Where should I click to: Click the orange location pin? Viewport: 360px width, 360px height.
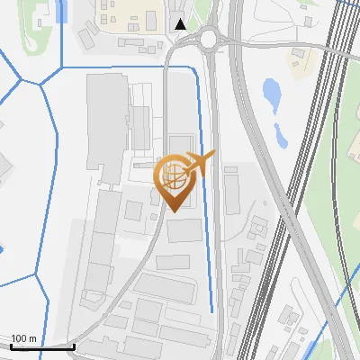(x=175, y=180)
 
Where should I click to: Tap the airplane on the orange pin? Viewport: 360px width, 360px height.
(x=195, y=163)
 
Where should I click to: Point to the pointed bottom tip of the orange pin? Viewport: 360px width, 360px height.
(x=174, y=212)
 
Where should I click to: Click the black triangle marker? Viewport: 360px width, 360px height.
(x=182, y=24)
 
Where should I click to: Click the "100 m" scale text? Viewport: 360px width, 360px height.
(x=23, y=337)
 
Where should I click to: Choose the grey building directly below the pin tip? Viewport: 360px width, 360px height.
(x=184, y=232)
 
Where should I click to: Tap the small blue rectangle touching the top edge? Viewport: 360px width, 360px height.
(x=61, y=10)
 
